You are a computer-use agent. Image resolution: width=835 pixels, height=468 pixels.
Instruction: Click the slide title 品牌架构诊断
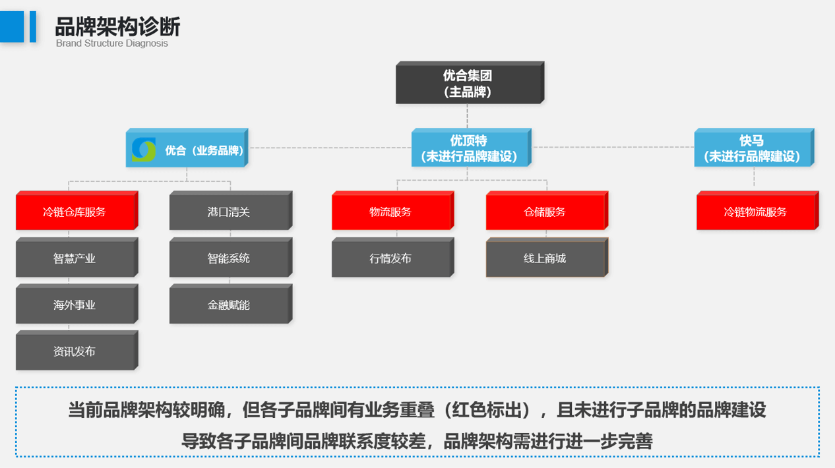(117, 26)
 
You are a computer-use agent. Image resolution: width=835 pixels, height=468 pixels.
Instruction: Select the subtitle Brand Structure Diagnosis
(112, 44)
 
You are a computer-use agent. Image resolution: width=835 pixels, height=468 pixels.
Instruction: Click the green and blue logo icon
(144, 150)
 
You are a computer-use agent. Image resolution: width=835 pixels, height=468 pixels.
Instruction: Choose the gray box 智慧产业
(75, 258)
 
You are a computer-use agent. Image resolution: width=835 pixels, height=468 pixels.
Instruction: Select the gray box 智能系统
(228, 258)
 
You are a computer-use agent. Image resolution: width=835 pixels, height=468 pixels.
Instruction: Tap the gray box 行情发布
(390, 258)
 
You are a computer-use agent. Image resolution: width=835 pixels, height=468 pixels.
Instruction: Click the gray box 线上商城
(545, 258)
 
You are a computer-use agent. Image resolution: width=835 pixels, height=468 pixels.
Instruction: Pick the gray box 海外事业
(75, 305)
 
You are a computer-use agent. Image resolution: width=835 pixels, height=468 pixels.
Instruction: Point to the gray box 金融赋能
(228, 305)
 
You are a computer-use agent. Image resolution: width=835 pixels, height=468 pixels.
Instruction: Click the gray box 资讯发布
(75, 351)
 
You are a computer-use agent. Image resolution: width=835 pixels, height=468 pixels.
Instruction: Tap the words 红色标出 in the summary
(487, 410)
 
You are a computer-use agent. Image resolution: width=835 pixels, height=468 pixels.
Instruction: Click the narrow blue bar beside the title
(33, 27)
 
